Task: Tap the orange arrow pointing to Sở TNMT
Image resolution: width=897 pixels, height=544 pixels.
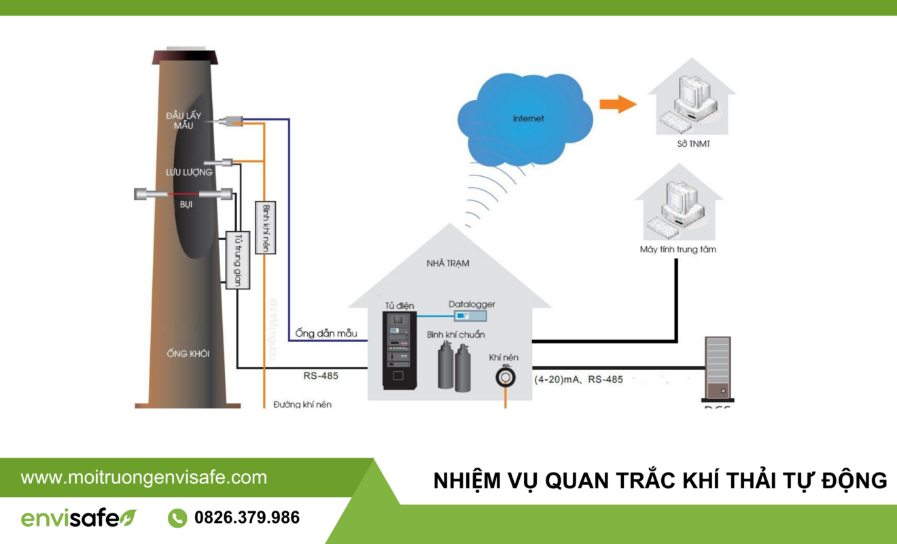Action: (617, 104)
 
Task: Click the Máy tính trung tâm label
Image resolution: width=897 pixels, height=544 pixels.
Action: (678, 250)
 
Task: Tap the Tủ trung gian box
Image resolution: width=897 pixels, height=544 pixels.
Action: (237, 260)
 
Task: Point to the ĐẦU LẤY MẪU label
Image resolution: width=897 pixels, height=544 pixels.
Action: (180, 120)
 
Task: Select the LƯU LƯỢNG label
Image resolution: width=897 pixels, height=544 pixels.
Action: (189, 173)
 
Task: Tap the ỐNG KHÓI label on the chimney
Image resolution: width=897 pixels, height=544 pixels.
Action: (188, 354)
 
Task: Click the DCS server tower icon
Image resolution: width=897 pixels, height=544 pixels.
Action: (718, 368)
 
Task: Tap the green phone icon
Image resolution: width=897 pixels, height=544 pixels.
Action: (177, 518)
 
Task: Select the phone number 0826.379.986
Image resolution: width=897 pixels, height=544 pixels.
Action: (247, 518)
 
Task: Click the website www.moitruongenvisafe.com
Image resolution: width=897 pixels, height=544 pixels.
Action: (143, 477)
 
